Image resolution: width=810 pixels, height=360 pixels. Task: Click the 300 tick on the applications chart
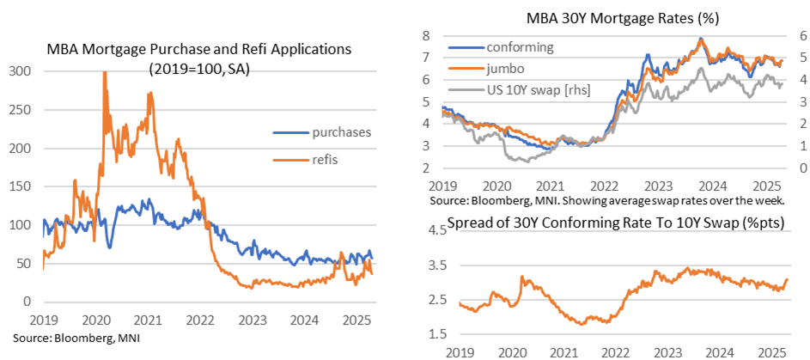pyautogui.click(x=18, y=71)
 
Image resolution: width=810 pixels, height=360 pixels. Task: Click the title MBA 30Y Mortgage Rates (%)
pyautogui.click(x=611, y=18)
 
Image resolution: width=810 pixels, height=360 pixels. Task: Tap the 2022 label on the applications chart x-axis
pyautogui.click(x=201, y=317)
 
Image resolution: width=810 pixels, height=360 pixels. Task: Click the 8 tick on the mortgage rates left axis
pyautogui.click(x=425, y=36)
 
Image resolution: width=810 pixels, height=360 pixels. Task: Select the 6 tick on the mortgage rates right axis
pyautogui.click(x=801, y=36)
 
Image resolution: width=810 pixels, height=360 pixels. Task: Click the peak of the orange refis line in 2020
pyautogui.click(x=105, y=72)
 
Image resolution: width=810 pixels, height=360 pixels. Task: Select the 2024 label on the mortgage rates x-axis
pyautogui.click(x=717, y=185)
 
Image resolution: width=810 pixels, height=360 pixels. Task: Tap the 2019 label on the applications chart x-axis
pyautogui.click(x=43, y=317)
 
